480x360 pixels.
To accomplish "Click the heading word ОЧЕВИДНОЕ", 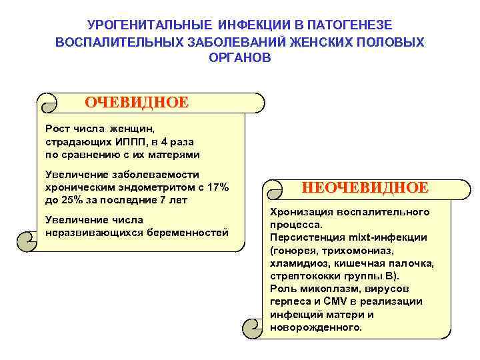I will pyautogui.click(x=137, y=103).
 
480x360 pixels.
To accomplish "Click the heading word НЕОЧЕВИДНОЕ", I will pyautogui.click(x=365, y=187).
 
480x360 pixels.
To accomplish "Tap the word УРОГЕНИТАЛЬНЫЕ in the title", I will pyautogui.click(x=149, y=25).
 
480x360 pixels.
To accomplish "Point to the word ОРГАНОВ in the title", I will pyautogui.click(x=240, y=58).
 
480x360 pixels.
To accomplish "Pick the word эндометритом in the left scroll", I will pyautogui.click(x=137, y=187).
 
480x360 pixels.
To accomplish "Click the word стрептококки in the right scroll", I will pyautogui.click(x=303, y=275).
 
